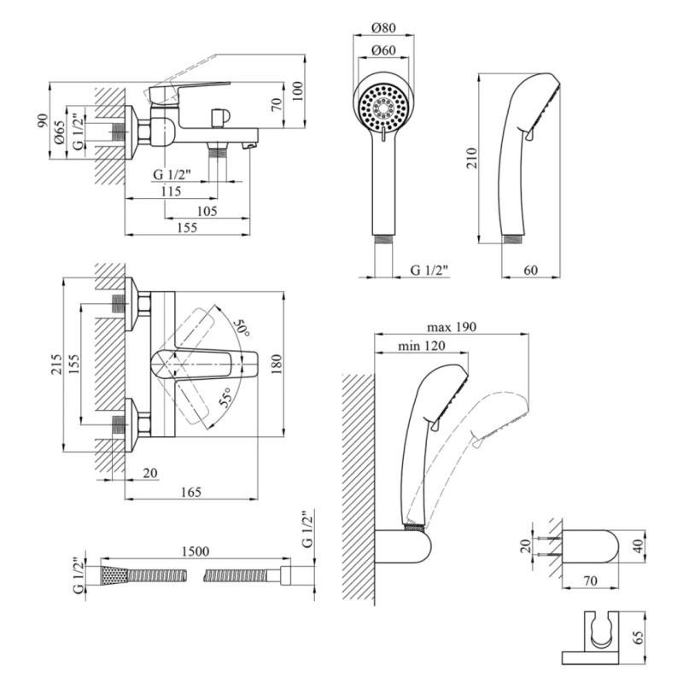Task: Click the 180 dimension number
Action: (275, 365)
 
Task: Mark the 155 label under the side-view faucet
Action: (187, 227)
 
